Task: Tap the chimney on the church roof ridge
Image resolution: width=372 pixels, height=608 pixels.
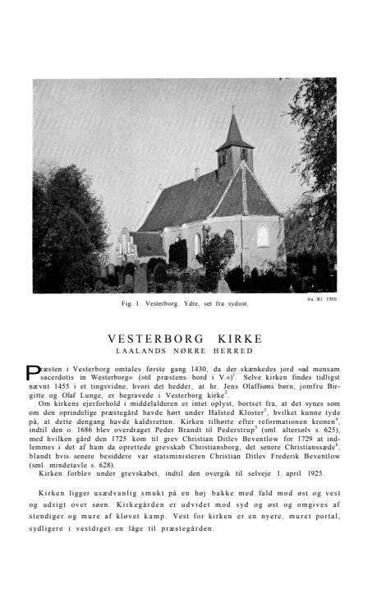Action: click(196, 173)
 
